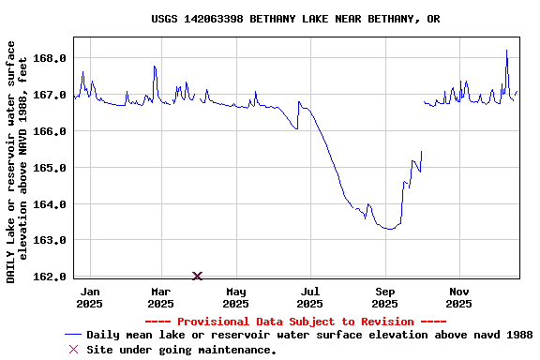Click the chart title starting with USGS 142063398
click(x=295, y=19)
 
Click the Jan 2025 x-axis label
click(x=89, y=297)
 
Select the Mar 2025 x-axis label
click(x=160, y=297)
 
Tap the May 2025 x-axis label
click(x=236, y=297)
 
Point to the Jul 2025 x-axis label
click(x=309, y=297)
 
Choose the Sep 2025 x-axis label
click(x=385, y=297)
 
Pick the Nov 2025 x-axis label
click(x=458, y=297)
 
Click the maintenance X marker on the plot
click(x=197, y=276)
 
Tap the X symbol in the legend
click(x=73, y=350)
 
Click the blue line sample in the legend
click(x=73, y=335)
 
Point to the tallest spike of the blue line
click(x=506, y=52)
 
